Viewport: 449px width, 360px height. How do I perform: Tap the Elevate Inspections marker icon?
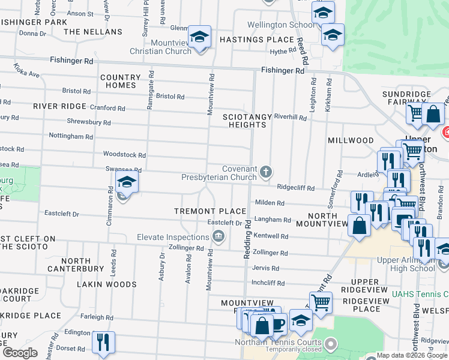point(219,236)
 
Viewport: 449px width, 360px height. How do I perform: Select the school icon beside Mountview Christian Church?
point(199,37)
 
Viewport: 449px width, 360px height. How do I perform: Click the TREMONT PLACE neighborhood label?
point(210,211)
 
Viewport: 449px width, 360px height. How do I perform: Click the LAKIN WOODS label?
point(110,284)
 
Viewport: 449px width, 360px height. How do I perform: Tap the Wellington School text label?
point(282,25)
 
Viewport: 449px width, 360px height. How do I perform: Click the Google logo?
point(20,353)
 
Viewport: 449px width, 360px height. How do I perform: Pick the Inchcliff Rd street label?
point(267,282)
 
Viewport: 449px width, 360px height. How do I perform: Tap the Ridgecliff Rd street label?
point(296,188)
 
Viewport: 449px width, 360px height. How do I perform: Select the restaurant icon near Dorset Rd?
point(103,342)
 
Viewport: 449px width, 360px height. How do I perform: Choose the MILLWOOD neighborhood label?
point(351,140)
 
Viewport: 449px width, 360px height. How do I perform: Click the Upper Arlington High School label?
point(406,264)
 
